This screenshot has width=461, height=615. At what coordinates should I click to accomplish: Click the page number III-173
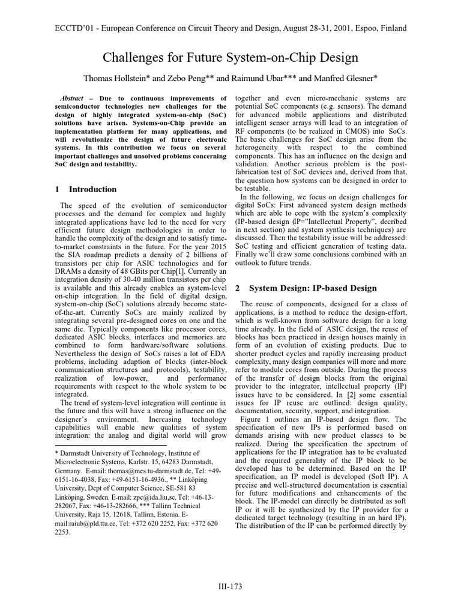click(230, 586)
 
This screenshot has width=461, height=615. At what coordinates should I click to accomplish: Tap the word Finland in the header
click(391, 28)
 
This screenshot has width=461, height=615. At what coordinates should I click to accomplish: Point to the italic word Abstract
click(73, 98)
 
